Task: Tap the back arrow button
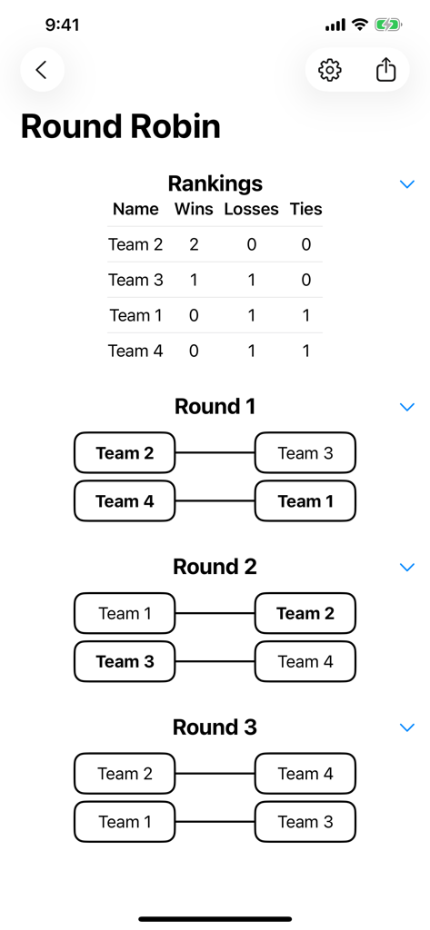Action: tap(42, 70)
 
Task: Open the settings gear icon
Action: tap(330, 70)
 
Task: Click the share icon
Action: tap(386, 70)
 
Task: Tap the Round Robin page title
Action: tap(121, 126)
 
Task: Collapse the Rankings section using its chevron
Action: tap(407, 184)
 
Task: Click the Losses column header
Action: tap(252, 209)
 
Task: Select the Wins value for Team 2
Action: tap(194, 244)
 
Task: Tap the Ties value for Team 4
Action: tap(305, 351)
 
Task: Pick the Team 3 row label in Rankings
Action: tap(135, 280)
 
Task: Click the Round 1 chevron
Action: tap(407, 407)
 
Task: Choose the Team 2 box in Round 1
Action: tap(125, 453)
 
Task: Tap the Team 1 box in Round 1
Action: tap(305, 501)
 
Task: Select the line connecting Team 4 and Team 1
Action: tap(215, 501)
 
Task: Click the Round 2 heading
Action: tap(215, 567)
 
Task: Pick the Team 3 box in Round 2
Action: tap(125, 661)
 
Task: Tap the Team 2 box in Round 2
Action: tap(305, 614)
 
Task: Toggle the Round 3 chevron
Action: tap(407, 727)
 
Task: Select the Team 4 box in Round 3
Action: tap(305, 774)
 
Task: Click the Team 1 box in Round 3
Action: tap(125, 822)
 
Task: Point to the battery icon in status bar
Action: tap(389, 25)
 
